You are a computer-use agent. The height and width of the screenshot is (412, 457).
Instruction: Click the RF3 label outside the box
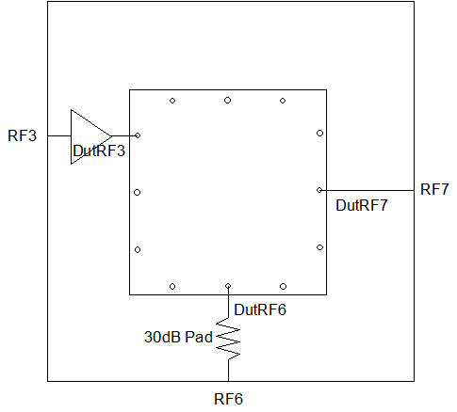coord(22,135)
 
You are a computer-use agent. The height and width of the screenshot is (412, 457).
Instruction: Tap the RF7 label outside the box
coord(434,189)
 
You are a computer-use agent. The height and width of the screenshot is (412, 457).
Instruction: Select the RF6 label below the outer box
coord(228,399)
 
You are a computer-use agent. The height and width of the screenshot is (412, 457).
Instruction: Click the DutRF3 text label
coord(99,151)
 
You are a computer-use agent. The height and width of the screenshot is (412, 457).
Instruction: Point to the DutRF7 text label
coord(362,205)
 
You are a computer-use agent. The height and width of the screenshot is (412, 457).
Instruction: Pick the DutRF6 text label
coord(260,309)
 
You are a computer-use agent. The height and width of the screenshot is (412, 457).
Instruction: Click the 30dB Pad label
coord(178,337)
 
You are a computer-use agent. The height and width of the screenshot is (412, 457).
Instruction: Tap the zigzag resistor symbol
coord(228,339)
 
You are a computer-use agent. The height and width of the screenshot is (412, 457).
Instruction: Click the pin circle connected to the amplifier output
coord(138,135)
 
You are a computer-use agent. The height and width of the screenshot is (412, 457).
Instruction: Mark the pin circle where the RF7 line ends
coord(319,190)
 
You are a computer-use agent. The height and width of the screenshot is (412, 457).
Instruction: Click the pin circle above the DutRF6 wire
coord(228,286)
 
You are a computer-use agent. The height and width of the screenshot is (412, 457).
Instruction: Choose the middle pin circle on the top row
coord(228,101)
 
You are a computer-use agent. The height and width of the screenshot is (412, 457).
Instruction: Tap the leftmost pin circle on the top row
coord(172,101)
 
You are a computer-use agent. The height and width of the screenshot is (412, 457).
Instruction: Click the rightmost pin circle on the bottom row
coord(283,286)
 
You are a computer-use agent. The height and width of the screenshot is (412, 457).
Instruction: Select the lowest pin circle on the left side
coord(138,249)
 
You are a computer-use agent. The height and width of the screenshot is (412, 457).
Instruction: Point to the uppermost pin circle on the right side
coord(319,134)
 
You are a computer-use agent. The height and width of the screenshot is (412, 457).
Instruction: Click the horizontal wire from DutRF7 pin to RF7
coord(368,190)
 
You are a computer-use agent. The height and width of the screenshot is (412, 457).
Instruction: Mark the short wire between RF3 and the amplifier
coord(59,136)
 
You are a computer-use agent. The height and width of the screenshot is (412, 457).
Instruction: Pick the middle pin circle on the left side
coord(138,193)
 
